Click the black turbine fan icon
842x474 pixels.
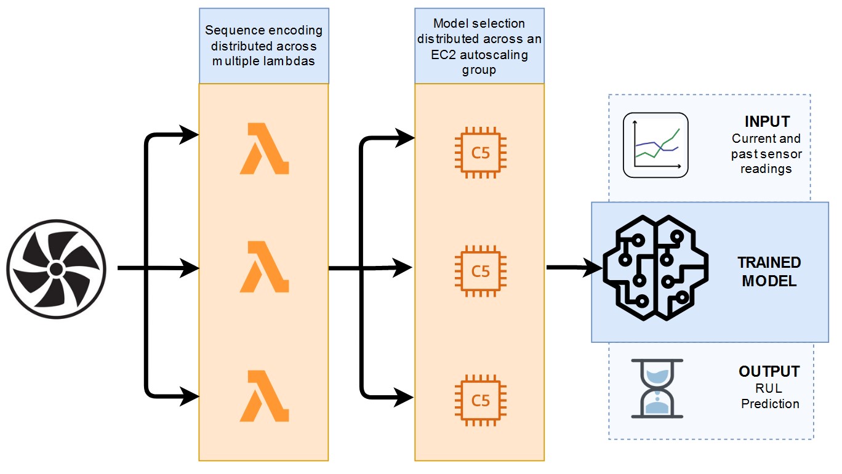click(56, 269)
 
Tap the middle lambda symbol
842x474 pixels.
click(263, 267)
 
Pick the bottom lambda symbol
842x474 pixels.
click(263, 395)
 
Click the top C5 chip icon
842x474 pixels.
click(480, 152)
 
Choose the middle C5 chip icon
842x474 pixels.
click(480, 271)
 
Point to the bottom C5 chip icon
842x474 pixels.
click(480, 401)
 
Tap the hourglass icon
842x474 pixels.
click(657, 389)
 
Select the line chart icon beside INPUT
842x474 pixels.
click(655, 145)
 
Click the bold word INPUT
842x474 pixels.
click(767, 121)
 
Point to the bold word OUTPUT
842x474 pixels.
click(769, 372)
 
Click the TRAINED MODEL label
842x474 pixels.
click(769, 272)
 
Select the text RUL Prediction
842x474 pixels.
click(770, 396)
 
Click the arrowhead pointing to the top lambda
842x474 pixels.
click(190, 135)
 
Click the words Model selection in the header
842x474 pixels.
click(479, 23)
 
